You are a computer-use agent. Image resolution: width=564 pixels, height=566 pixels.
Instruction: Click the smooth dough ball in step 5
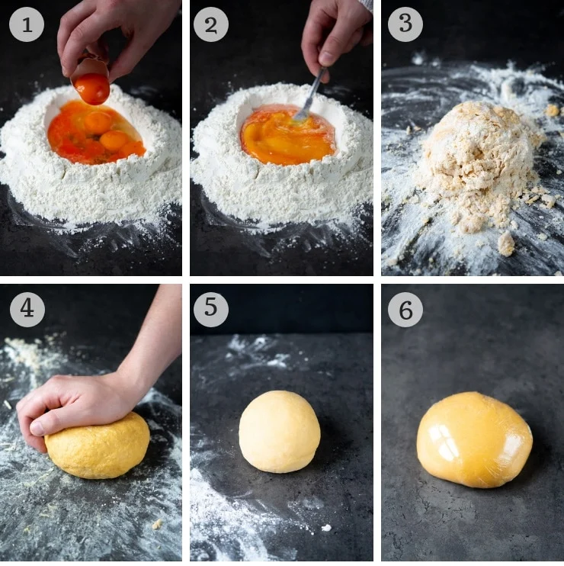click(x=279, y=431)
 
